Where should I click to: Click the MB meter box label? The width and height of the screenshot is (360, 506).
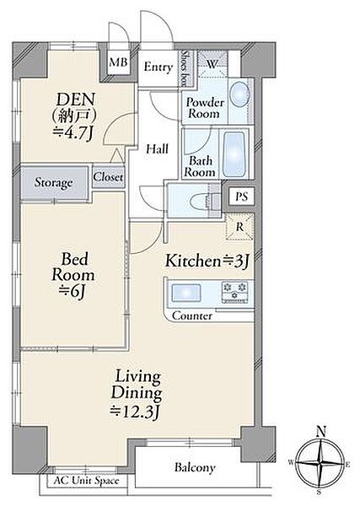(118, 62)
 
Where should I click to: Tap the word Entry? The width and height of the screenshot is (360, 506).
(158, 67)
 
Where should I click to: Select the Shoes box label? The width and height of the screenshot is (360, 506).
(185, 68)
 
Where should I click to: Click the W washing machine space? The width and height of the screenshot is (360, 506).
(212, 64)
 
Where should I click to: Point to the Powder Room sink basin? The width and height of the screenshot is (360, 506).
(240, 94)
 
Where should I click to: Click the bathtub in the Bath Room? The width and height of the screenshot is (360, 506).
(235, 154)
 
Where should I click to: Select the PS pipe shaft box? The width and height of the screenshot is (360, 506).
(242, 196)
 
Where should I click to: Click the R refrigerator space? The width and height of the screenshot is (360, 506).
(239, 227)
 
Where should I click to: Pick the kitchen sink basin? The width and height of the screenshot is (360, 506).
(185, 293)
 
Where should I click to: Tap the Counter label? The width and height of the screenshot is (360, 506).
(192, 315)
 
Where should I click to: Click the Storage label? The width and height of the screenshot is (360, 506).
(53, 183)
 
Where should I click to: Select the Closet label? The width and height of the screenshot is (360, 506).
(108, 177)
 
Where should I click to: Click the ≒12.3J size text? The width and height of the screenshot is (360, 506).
(136, 412)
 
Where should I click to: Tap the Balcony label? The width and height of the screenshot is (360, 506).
(195, 467)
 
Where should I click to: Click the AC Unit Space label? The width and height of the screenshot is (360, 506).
(86, 481)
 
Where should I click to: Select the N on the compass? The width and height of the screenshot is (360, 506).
(321, 431)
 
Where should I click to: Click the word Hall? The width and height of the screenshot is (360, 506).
(158, 148)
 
